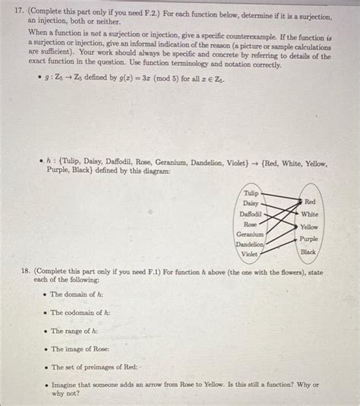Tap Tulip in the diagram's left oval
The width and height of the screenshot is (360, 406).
[x=251, y=193]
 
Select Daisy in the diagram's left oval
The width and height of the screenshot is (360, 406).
[x=251, y=204]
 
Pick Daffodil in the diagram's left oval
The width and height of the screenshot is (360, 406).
[x=251, y=214]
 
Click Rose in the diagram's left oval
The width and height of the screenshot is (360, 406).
[x=250, y=225]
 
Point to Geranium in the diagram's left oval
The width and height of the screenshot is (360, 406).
[x=250, y=235]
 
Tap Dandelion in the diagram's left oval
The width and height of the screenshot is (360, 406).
[x=249, y=245]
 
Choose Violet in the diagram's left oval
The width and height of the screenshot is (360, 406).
[x=250, y=255]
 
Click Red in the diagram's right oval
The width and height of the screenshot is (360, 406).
[x=310, y=202]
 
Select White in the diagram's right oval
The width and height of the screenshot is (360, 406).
[x=310, y=214]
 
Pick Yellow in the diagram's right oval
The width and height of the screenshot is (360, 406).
[x=309, y=227]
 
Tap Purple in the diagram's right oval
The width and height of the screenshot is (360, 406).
[x=309, y=239]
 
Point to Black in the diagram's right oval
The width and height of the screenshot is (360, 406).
[x=308, y=252]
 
